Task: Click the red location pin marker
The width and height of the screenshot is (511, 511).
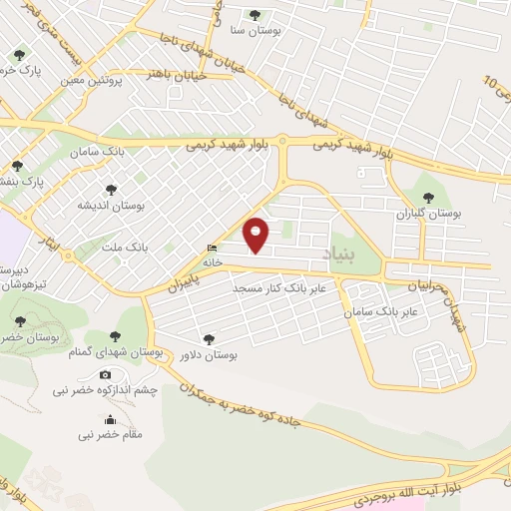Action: (x=257, y=234)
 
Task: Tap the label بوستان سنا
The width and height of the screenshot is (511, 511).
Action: (x=255, y=30)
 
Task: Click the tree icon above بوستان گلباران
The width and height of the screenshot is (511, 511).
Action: (x=430, y=198)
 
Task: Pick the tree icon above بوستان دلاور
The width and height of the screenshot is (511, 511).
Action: (x=208, y=338)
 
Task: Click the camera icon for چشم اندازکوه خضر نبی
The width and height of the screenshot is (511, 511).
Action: (x=106, y=374)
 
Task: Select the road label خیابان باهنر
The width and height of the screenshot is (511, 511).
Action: (x=177, y=75)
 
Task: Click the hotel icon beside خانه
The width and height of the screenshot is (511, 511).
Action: (x=211, y=249)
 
